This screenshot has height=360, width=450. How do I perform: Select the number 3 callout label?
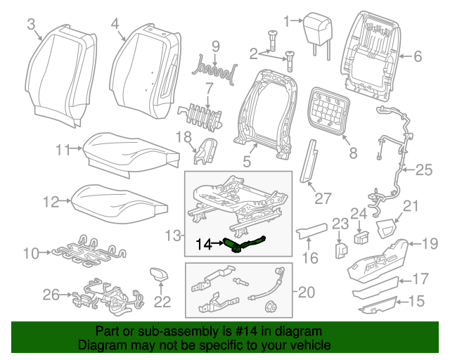pos(30,25)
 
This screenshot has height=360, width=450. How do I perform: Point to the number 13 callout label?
pos(171,233)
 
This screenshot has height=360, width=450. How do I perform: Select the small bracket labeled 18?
pos(206,152)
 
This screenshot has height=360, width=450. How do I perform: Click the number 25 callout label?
pos(423,169)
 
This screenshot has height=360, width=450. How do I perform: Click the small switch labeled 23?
pos(340,250)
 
